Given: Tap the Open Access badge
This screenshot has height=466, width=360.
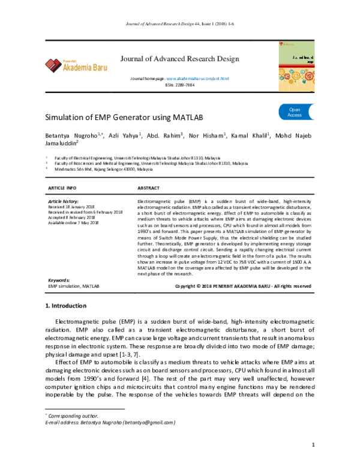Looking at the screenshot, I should pyautogui.click(x=262, y=112).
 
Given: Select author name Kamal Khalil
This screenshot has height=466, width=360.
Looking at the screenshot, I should pyautogui.click(x=251, y=136).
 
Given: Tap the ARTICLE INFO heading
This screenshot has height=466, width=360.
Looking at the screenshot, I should pyautogui.click(x=62, y=188).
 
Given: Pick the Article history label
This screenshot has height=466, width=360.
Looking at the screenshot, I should pyautogui.click(x=63, y=200).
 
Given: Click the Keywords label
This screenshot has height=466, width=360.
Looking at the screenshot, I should pyautogui.click(x=59, y=280).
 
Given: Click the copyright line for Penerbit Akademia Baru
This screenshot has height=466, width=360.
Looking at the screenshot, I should pyautogui.click(x=242, y=286).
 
